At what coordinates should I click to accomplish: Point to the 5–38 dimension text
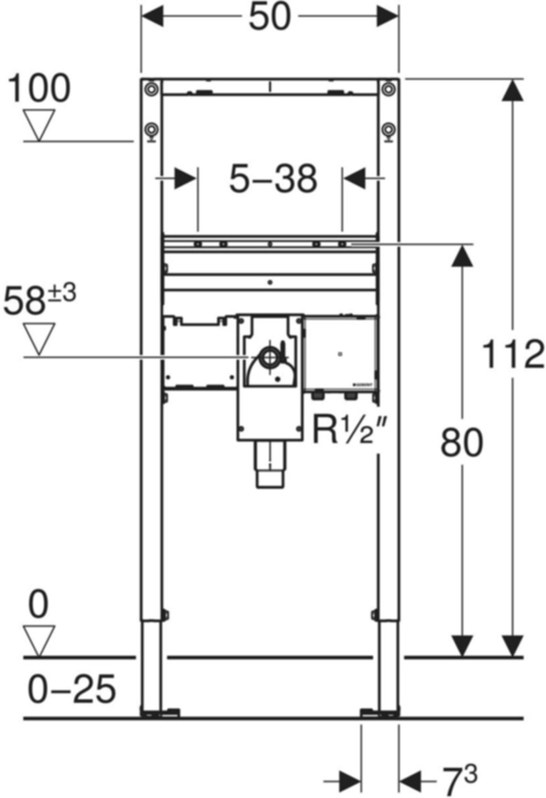pyautogui.click(x=274, y=179)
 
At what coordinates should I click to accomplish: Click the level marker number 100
pyautogui.click(x=39, y=89)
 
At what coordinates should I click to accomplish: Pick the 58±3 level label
pyautogui.click(x=39, y=300)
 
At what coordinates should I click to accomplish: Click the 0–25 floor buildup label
pyautogui.click(x=72, y=689)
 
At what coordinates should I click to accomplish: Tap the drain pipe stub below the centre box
pyautogui.click(x=270, y=465)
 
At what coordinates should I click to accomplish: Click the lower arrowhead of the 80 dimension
pyautogui.click(x=461, y=646)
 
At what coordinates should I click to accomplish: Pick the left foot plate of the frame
pyautogui.click(x=160, y=713)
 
